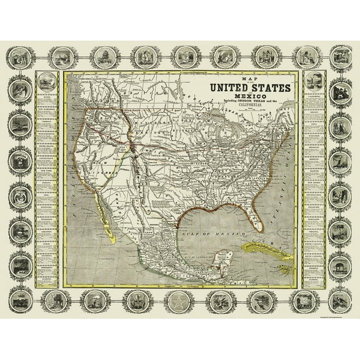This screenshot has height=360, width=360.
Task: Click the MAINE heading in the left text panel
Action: [46, 95]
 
